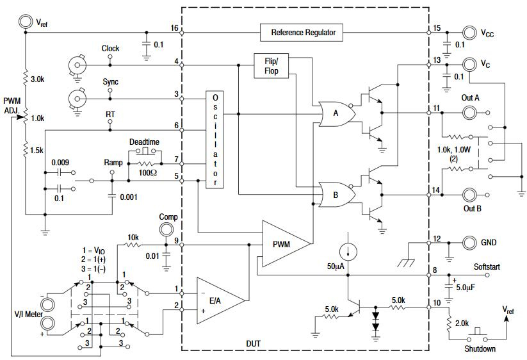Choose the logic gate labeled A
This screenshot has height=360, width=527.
pyautogui.click(x=334, y=114)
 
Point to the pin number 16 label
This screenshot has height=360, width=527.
pyautogui.click(x=174, y=28)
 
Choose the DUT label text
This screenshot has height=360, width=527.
pyautogui.click(x=253, y=343)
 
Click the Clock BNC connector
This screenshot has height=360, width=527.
pyautogui.click(x=77, y=65)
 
